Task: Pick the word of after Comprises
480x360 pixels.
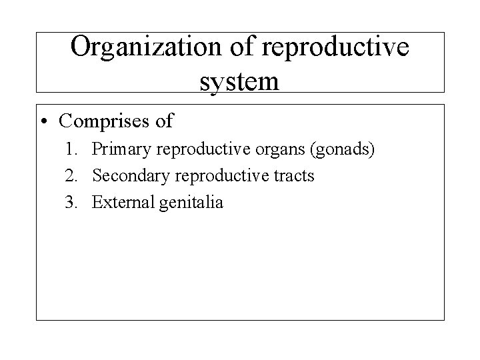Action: click(x=164, y=121)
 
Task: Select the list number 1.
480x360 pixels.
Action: click(x=73, y=150)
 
